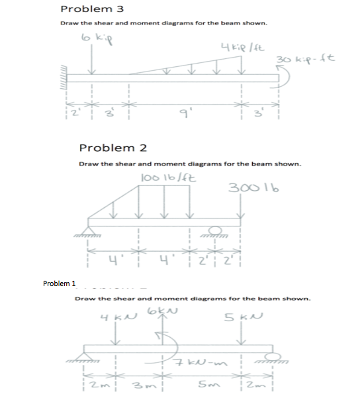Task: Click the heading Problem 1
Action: pos(60,284)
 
